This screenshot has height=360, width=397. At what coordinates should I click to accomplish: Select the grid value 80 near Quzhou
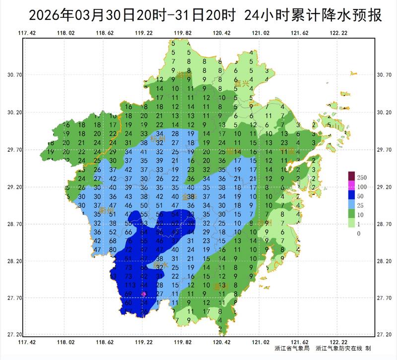coord(113,249)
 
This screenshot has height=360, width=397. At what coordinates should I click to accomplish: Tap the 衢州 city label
coord(106,211)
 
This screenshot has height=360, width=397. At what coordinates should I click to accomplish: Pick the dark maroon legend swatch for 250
coord(352,177)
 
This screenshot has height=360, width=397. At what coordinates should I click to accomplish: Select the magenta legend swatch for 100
coord(352,186)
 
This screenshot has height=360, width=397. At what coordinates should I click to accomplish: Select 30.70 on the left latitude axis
coord(16,75)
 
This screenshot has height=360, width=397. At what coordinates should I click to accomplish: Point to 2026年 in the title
coord(48,15)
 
